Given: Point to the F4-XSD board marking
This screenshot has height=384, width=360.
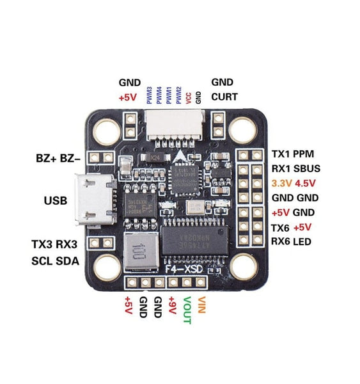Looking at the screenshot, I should coord(185,269).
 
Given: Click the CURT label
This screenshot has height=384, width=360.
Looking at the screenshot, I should coord(224,97).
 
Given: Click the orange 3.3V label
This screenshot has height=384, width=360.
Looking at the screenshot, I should coord(281,183).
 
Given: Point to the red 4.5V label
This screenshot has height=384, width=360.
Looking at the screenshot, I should coord(308,183).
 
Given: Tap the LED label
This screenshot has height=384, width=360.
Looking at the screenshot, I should coord(305,241).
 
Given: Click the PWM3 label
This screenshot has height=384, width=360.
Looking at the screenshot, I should coord(149,95).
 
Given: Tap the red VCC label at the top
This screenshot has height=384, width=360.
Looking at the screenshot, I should coord(189,97).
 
